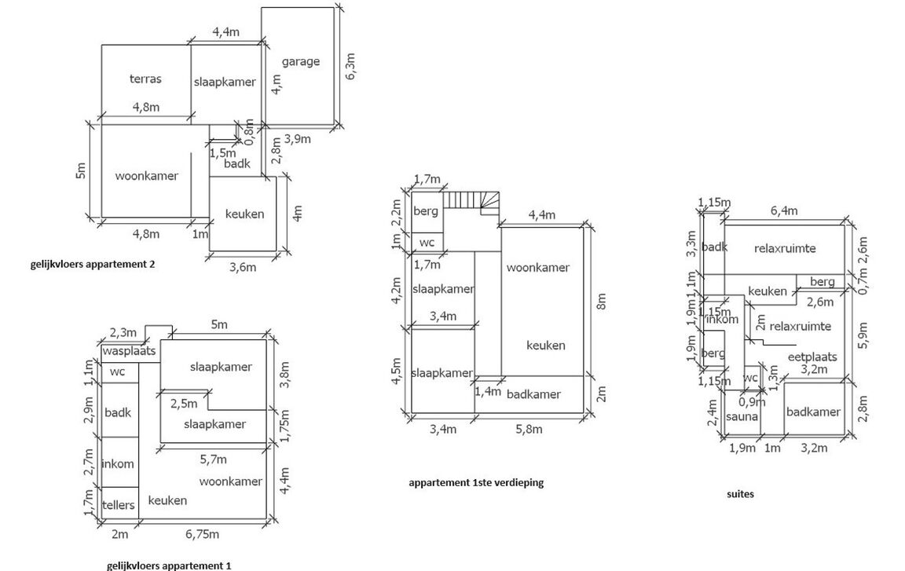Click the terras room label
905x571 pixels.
click(x=145, y=79)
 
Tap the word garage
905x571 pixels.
click(x=301, y=61)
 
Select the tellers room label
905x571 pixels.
click(x=119, y=504)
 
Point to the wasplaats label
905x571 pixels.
click(x=129, y=351)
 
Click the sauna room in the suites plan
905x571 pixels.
click(x=742, y=416)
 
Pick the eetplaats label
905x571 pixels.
click(x=812, y=357)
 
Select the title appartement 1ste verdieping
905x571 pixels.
click(x=476, y=483)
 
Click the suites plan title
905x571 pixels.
click(x=740, y=494)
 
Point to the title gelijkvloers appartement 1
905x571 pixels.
click(x=169, y=565)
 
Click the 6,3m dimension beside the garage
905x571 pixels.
click(x=350, y=66)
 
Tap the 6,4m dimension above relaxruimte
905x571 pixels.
click(x=784, y=210)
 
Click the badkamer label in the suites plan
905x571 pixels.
click(x=813, y=412)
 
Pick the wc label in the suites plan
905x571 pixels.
click(x=750, y=378)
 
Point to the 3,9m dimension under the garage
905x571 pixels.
click(x=296, y=139)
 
